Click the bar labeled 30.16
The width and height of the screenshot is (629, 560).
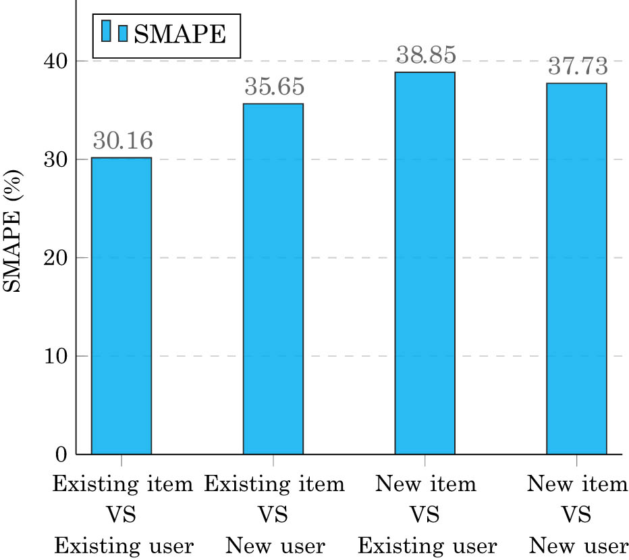click(121, 305)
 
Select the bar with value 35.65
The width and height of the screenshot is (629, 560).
click(273, 278)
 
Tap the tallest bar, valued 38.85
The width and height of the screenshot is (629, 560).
click(425, 263)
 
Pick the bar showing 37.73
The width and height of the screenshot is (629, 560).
click(576, 268)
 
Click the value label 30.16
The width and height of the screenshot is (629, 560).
click(122, 141)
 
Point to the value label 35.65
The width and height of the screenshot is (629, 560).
click(274, 87)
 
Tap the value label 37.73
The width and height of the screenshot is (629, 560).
click(577, 66)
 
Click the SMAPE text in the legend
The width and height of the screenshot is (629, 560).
click(179, 33)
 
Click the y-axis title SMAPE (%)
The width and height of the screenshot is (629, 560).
click(15, 230)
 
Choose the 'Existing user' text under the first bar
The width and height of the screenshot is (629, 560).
click(122, 545)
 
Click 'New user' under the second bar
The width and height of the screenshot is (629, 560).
click(274, 545)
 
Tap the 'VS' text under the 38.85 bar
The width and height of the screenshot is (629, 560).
click(425, 515)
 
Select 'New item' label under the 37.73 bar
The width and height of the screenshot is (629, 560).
click(577, 484)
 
